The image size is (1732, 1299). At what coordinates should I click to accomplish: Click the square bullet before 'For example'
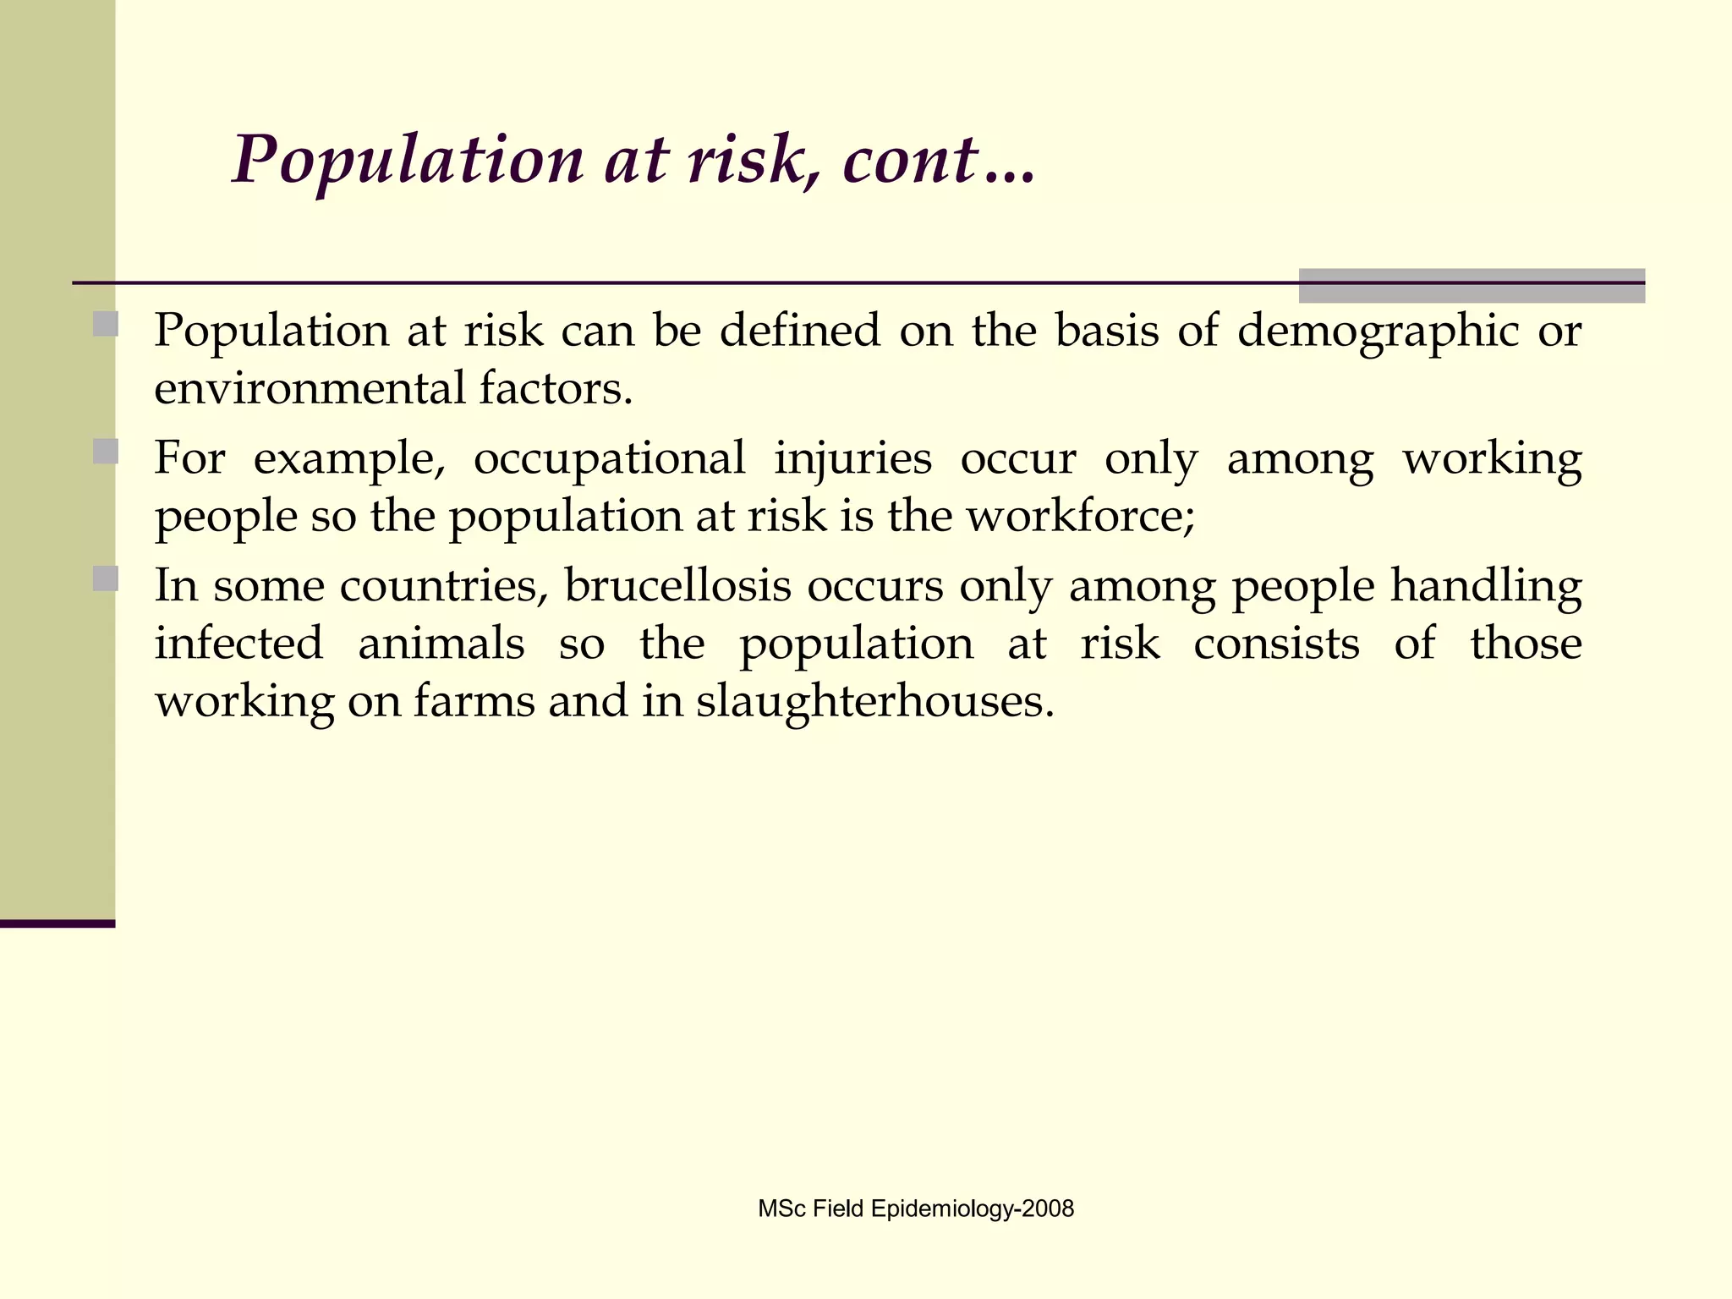click(x=106, y=451)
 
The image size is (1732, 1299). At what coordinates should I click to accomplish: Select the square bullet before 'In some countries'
click(x=106, y=578)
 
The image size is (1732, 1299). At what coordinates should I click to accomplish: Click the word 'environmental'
click(x=310, y=389)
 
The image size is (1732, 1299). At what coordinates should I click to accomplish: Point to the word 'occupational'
click(x=609, y=459)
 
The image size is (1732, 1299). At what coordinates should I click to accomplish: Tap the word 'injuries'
click(x=852, y=459)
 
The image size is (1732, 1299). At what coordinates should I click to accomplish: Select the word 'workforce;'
click(x=1081, y=516)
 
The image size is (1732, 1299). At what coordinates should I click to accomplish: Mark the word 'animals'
click(x=441, y=644)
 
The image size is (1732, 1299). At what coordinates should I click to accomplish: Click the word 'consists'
click(x=1276, y=644)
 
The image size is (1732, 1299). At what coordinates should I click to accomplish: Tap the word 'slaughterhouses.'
click(x=875, y=702)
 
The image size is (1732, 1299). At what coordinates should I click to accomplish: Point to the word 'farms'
click(x=474, y=702)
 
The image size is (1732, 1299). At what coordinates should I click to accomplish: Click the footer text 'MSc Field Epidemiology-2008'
click(x=916, y=1209)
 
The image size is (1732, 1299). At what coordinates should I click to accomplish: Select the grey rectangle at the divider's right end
click(x=1471, y=286)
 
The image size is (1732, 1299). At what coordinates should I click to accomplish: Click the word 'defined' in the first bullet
click(x=799, y=330)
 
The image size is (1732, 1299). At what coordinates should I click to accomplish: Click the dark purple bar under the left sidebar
click(x=57, y=924)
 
